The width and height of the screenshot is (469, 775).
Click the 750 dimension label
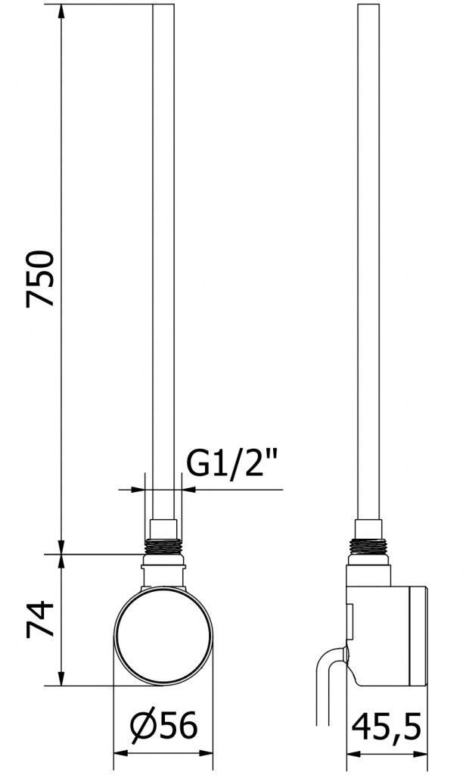coord(40,279)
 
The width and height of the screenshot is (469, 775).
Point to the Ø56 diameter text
coord(163,726)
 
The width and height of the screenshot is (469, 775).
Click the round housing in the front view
coord(163,636)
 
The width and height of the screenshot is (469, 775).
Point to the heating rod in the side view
coord(369,262)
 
